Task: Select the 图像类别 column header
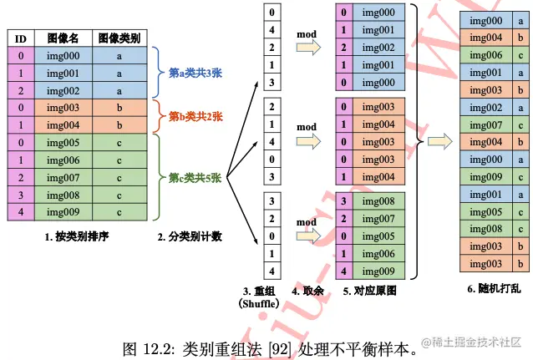click(119, 38)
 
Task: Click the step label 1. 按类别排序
click(77, 237)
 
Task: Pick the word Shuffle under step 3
click(260, 304)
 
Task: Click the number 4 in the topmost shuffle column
click(271, 30)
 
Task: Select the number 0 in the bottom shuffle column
click(271, 236)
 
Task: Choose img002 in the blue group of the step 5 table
click(380, 48)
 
